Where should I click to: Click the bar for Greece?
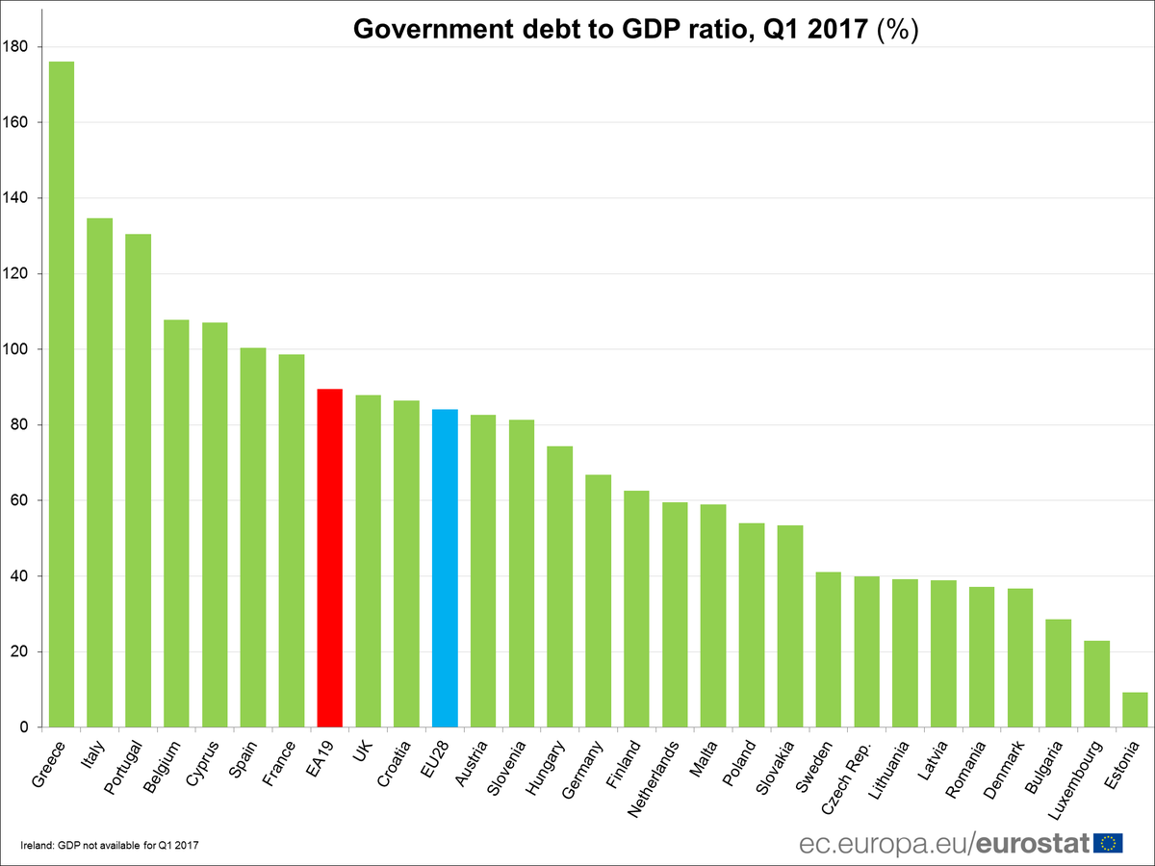point(62,395)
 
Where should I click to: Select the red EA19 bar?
point(330,558)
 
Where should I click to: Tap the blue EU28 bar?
point(445,568)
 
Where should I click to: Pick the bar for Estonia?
point(1135,710)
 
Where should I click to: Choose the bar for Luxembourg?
point(1096,684)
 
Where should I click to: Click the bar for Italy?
point(100,472)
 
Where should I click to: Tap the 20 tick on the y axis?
point(19,652)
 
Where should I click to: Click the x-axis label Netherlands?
point(655,778)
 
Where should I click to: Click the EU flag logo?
point(1109,843)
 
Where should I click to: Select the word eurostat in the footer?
point(1033,843)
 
